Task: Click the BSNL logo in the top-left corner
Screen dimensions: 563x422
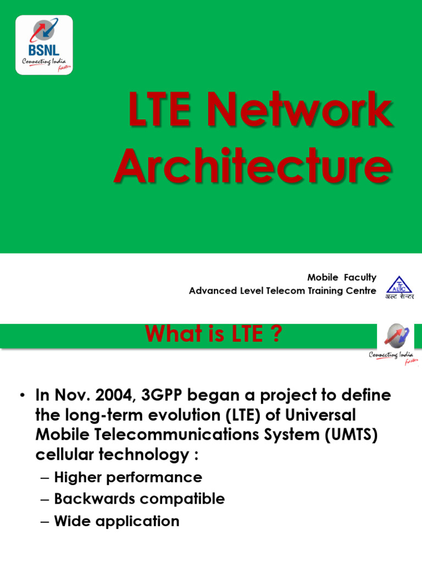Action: [x=44, y=45]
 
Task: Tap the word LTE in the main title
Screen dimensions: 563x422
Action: [x=163, y=112]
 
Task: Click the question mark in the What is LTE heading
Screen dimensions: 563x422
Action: [x=276, y=334]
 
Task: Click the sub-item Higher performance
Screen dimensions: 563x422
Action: [x=128, y=477]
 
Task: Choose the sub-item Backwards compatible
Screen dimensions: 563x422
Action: [x=140, y=499]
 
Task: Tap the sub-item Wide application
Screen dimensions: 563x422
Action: [x=116, y=521]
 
